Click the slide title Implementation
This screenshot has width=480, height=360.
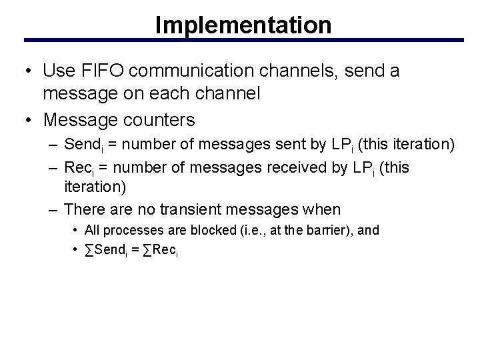(x=243, y=25)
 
